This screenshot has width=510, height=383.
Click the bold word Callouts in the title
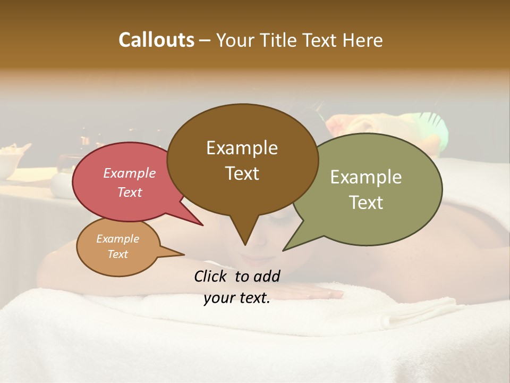coord(156,40)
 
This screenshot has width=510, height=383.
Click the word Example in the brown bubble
coord(242,148)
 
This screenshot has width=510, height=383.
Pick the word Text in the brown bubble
coord(242,173)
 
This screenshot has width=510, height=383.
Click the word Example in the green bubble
coord(366,177)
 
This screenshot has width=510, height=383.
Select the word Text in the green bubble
coord(366,203)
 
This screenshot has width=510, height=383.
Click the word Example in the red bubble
coord(129,173)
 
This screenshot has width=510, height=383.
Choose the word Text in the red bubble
coord(129,193)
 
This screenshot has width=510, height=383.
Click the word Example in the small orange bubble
coord(117,239)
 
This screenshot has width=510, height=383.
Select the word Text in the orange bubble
coord(117,254)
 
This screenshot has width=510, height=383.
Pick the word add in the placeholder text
coord(267,276)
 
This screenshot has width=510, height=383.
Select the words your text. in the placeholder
coord(237,298)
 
